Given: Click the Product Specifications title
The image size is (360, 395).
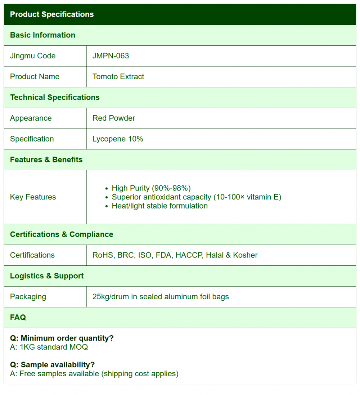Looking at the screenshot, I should pos(52,14).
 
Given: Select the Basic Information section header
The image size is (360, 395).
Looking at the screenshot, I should pos(42,35).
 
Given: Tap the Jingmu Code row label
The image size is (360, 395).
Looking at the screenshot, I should pos(33,56).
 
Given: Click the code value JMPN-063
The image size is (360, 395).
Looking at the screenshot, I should pos(111,56).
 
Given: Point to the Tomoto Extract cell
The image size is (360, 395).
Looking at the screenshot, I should pos(118,77).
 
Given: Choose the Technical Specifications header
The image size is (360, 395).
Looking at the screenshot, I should pos(55,97).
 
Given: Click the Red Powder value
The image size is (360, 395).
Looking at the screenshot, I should pos(114,118).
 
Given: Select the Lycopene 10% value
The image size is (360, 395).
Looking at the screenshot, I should pos(118,139).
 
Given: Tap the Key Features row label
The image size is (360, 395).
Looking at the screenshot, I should pos(33,197).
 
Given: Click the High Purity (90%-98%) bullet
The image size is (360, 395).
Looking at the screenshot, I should pos(151,188).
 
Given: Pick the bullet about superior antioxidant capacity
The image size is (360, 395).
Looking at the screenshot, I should pos(196,197).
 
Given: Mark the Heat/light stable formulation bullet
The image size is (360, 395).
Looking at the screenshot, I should pos(159,206).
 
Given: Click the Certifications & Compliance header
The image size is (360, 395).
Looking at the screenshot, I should pos(62,234).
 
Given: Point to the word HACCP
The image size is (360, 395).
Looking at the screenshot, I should pos(189,255).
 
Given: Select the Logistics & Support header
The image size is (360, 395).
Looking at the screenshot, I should pos(47,276).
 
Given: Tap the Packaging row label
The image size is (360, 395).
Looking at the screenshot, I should pos(28,297).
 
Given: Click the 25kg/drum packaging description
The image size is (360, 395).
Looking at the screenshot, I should pos(161,297).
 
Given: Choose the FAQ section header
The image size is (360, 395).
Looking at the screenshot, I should pos(18,317).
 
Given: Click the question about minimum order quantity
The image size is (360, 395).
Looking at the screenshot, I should pos(62,338).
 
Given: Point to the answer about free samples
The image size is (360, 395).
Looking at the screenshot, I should pos(94,374).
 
